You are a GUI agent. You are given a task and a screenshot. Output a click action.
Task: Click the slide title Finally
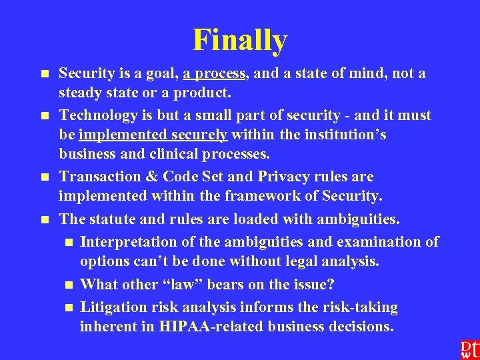click(240, 40)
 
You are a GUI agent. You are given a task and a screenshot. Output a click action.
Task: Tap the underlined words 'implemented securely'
click(153, 135)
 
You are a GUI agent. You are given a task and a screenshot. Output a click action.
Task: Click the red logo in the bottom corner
click(468, 349)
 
